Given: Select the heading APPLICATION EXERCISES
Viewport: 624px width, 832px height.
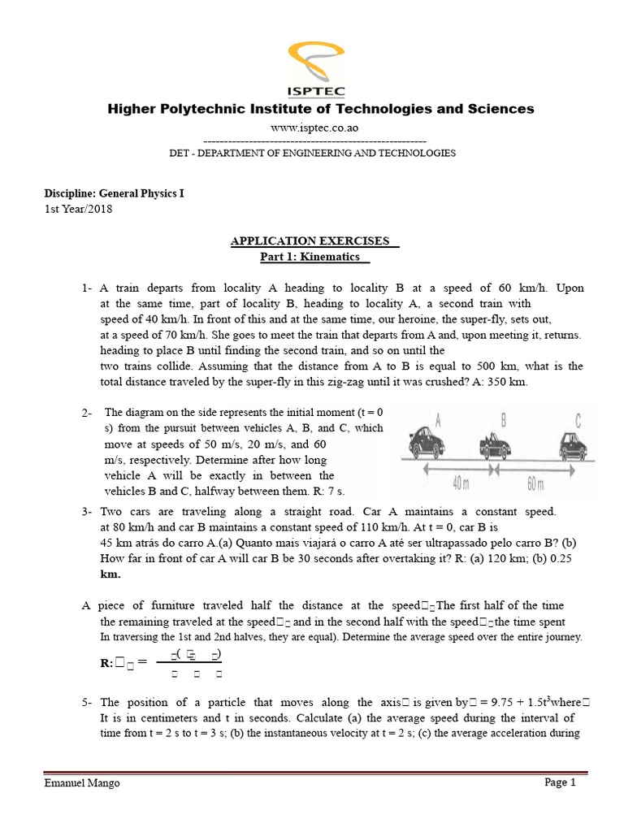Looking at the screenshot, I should point(312,241).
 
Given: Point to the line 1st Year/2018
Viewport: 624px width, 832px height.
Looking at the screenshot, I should point(78,209).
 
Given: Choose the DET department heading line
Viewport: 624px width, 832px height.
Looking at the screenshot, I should point(312,153).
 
